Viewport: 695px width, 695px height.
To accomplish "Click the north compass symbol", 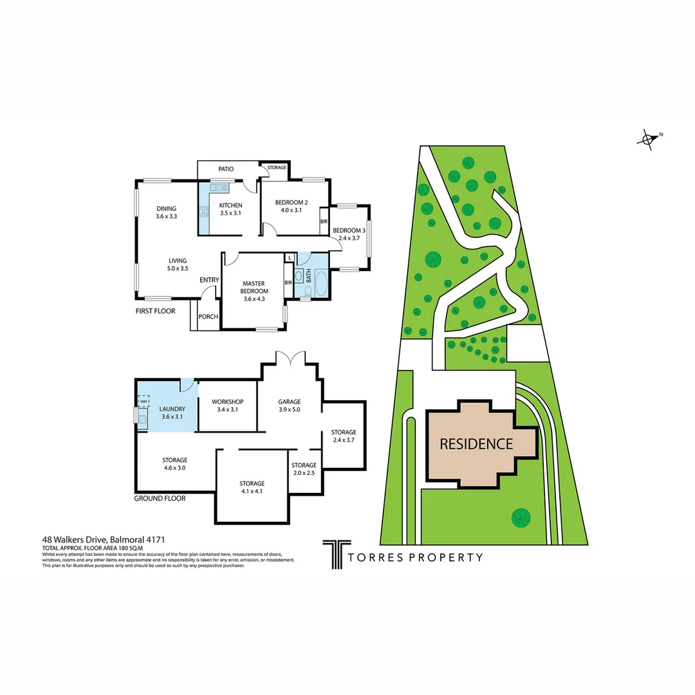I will (x=648, y=138).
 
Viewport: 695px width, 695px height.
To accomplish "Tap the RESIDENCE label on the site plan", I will (x=476, y=443).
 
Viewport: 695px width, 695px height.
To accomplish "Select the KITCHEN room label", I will (x=230, y=206).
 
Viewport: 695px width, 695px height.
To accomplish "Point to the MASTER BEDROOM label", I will (x=255, y=287).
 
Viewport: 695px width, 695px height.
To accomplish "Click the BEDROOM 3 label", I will (x=349, y=230).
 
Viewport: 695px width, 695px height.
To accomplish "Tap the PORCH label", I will (x=208, y=317).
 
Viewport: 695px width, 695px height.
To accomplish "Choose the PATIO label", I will (x=225, y=169).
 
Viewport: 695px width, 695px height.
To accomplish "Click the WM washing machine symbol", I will (x=143, y=399).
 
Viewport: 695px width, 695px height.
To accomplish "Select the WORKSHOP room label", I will (x=227, y=402).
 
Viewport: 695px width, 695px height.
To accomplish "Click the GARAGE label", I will (x=290, y=402).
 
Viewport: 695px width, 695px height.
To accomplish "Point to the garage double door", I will (x=290, y=357).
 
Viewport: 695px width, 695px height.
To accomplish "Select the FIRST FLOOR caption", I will (x=155, y=310).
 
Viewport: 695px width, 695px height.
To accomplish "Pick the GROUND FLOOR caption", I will (x=160, y=498).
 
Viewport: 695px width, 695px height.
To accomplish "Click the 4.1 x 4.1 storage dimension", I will (x=252, y=491).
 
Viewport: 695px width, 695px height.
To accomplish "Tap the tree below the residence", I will (x=521, y=516).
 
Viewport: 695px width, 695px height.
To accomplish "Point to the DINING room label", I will (x=166, y=208).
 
